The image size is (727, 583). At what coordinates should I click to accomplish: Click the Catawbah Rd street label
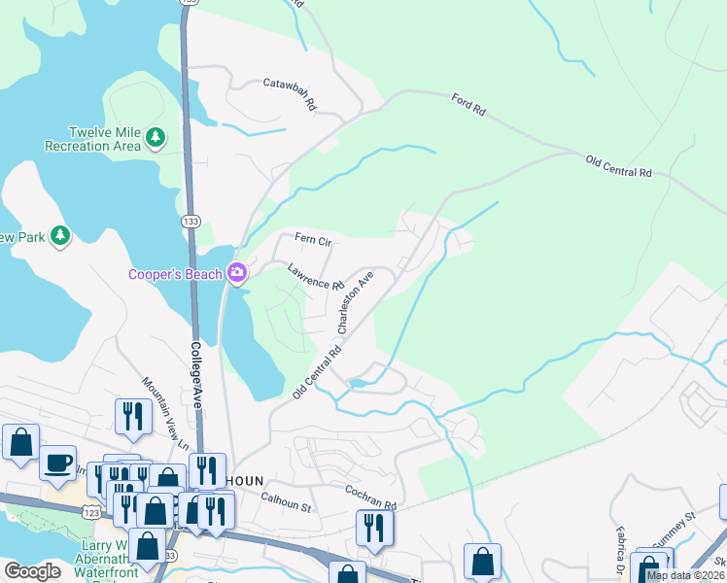click(x=291, y=92)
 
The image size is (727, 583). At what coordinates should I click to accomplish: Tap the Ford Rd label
click(x=468, y=105)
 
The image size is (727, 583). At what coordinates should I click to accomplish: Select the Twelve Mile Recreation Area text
click(x=92, y=139)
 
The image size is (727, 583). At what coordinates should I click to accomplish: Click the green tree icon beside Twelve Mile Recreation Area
click(x=156, y=139)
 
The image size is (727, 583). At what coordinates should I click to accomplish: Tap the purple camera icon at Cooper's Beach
click(x=236, y=273)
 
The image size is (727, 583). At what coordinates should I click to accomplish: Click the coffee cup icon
click(x=58, y=460)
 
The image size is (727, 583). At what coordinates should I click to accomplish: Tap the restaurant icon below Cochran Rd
click(x=373, y=526)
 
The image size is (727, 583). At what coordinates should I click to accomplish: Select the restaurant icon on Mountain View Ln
click(x=132, y=415)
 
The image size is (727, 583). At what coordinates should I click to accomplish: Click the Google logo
click(x=32, y=571)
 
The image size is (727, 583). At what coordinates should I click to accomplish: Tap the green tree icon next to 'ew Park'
click(x=60, y=236)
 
